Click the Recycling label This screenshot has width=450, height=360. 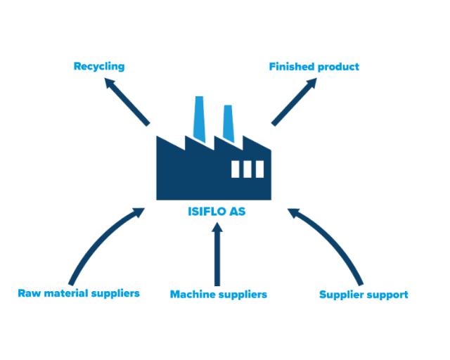point(99,67)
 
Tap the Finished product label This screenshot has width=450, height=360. point(314,67)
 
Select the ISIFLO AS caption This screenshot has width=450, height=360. point(217,212)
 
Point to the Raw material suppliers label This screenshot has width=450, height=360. point(79,294)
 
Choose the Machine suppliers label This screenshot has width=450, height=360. point(219,295)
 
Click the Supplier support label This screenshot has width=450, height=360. point(364,295)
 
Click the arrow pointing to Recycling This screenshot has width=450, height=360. point(127,102)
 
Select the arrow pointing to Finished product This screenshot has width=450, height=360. point(294,102)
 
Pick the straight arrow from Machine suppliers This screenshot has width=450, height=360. point(217,255)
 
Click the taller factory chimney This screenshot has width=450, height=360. point(199,119)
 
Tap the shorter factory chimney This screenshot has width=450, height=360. point(229,124)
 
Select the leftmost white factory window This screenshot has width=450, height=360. point(236,169)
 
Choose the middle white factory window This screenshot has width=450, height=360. point(247,169)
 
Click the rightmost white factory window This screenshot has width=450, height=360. point(259,169)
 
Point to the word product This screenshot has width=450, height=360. point(338,67)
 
